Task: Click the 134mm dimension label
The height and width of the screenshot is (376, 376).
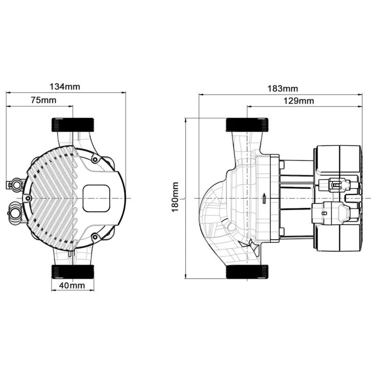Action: (x=65, y=86)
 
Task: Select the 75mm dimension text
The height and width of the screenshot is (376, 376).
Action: (x=44, y=100)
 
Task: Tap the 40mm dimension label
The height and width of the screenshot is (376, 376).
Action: (x=72, y=285)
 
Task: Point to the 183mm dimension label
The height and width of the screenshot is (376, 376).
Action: (x=283, y=89)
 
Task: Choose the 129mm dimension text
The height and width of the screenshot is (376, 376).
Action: (x=299, y=101)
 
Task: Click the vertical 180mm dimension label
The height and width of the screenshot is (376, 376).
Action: (x=175, y=197)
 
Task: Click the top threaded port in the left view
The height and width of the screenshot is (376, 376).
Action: (x=73, y=125)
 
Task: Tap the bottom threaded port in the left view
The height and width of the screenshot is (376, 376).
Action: (x=73, y=272)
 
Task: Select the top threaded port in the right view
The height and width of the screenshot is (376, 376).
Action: (x=247, y=125)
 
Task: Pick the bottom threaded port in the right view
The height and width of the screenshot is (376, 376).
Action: (x=247, y=272)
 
